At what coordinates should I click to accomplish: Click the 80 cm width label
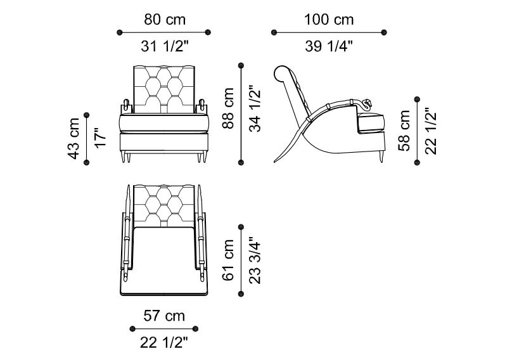(x=165, y=19)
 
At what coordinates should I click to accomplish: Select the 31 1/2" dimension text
(x=165, y=46)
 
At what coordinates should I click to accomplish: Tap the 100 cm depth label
(x=329, y=19)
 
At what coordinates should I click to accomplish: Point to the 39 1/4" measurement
(x=329, y=46)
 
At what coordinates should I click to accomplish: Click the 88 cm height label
(x=228, y=108)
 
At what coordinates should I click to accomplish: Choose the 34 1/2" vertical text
(x=255, y=109)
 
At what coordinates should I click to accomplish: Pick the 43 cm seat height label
(x=74, y=139)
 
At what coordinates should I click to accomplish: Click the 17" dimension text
(x=101, y=138)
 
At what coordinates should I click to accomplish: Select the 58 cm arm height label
(x=404, y=131)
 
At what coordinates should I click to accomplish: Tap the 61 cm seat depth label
(x=228, y=260)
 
